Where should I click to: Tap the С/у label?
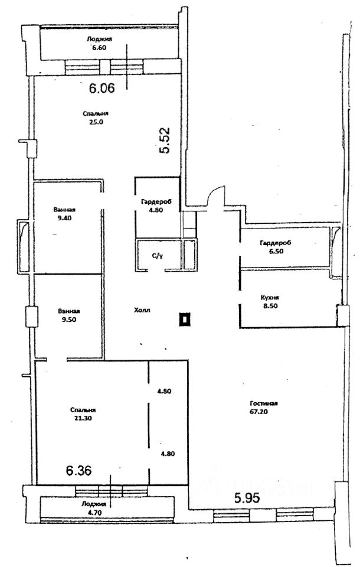point(158,256)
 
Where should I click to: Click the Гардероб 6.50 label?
point(276,247)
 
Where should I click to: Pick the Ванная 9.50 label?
point(69,315)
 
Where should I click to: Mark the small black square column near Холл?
point(185,321)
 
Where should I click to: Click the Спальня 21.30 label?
point(83,414)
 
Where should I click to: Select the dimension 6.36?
point(78,471)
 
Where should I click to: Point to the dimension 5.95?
point(247,498)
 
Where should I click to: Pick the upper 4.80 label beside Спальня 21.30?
point(164,391)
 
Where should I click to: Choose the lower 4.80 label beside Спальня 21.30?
point(168,454)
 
